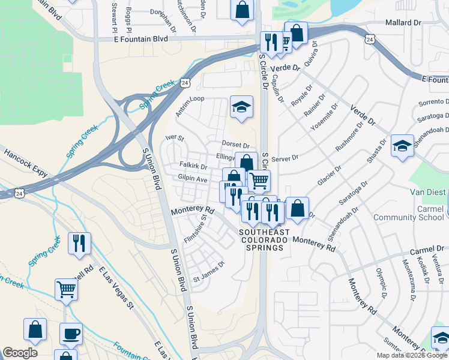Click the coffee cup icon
[x=71, y=334]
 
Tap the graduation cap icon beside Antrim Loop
[x=241, y=107]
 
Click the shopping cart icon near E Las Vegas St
[x=67, y=290]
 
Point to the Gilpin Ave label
[x=192, y=179]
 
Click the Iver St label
[x=175, y=138]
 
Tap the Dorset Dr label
[x=235, y=145]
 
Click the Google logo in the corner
[x=20, y=353]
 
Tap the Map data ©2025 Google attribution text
[x=412, y=355]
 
